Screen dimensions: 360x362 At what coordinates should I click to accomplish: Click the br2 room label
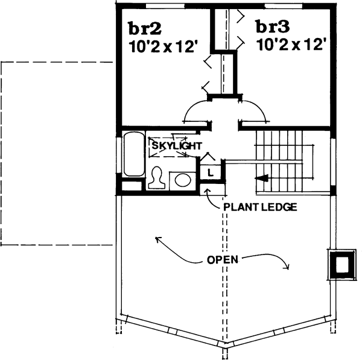coord(143,28)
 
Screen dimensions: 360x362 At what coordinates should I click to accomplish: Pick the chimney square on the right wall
coord(341,264)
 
